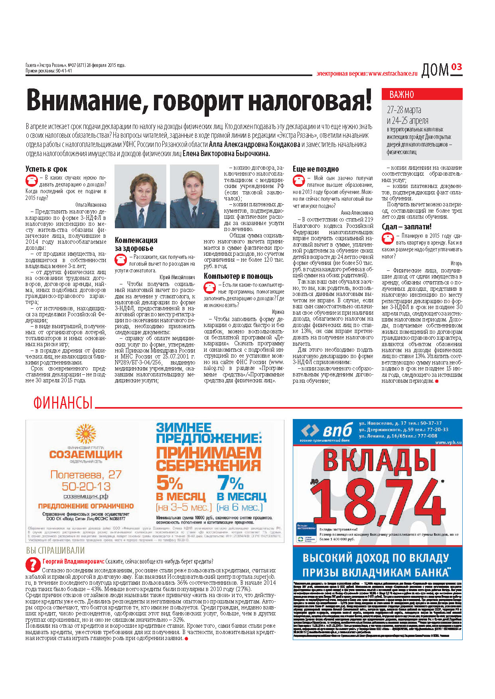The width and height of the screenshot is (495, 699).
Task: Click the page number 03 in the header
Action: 457,67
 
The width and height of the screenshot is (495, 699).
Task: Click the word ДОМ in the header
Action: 435,70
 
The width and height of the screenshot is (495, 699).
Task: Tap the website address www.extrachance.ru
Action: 393,74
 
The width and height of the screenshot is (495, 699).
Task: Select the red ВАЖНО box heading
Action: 402,94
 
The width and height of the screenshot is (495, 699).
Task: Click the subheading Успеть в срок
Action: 46,169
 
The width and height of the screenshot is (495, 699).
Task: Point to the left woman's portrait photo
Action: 140,196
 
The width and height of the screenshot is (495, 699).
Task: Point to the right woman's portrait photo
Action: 194,196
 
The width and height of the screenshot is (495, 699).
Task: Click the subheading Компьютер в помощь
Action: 238,276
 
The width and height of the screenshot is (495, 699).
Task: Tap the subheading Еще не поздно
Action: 316,169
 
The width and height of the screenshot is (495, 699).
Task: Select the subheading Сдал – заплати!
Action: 406,227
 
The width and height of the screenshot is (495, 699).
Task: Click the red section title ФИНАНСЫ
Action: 63,403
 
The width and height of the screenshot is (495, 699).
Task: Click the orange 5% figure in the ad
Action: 170,483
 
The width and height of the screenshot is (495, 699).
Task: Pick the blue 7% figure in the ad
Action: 230,483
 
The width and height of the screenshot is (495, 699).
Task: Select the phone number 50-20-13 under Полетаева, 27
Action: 86,486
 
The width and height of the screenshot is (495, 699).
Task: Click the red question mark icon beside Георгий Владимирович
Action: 32,564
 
